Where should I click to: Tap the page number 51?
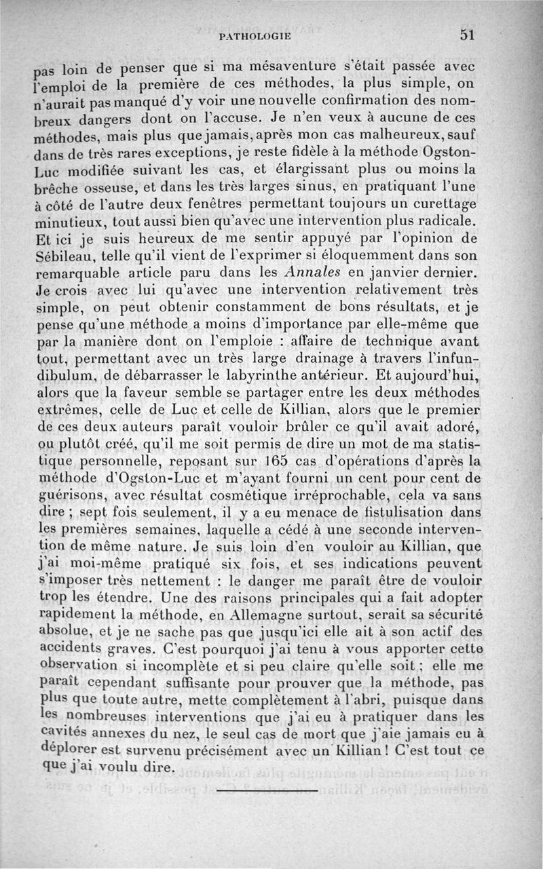468,35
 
